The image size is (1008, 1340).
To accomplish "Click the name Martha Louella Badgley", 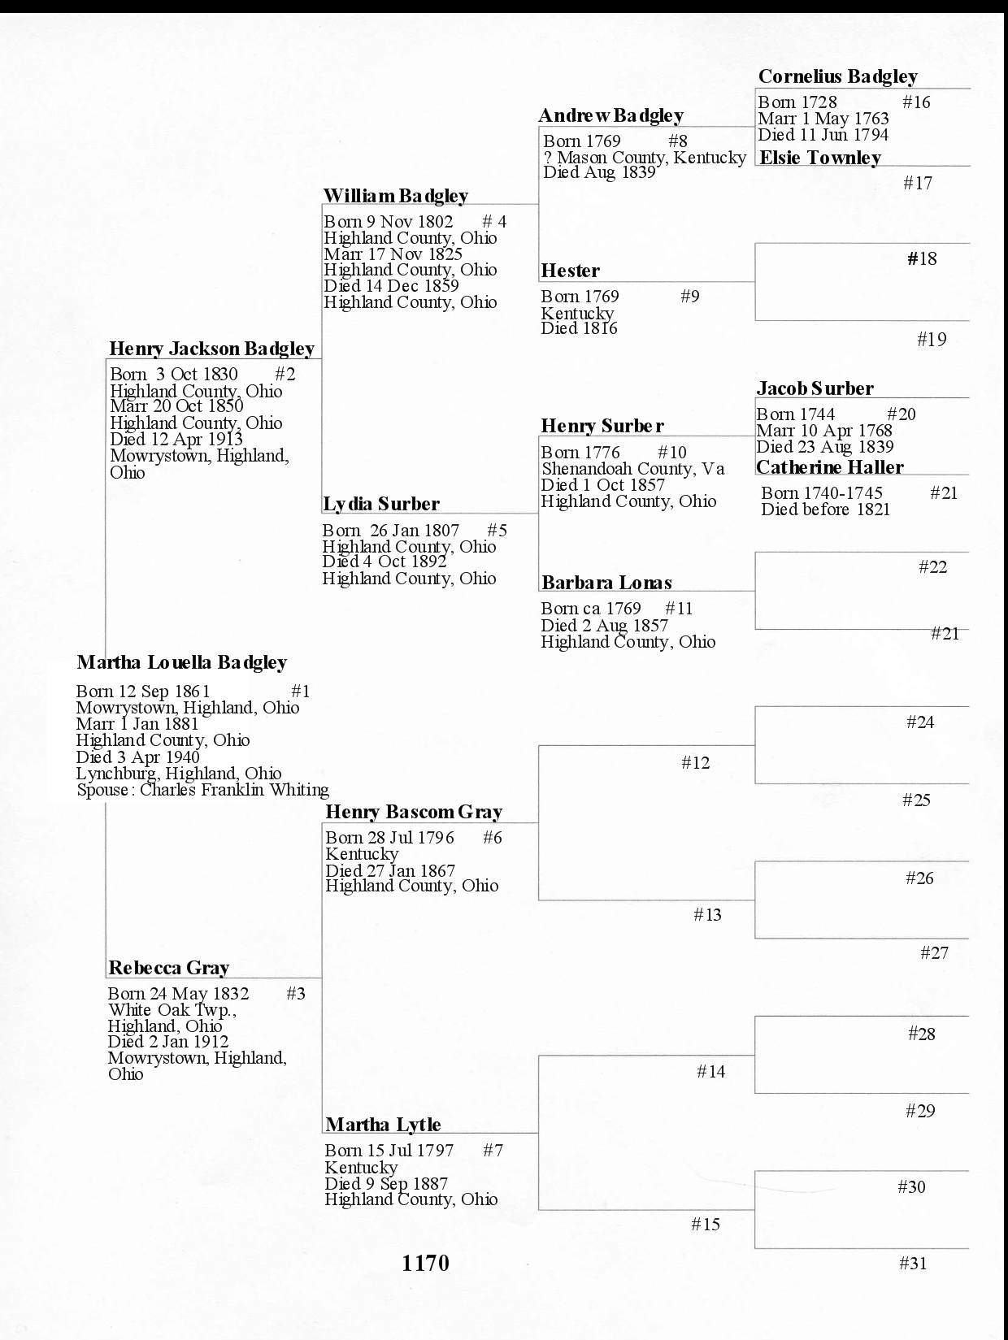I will (x=181, y=662).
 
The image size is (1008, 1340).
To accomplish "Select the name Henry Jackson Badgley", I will (x=211, y=349).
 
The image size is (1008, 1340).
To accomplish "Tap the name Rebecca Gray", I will (x=168, y=968).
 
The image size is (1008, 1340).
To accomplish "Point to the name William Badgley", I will (x=395, y=196).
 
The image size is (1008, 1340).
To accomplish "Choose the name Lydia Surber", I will (x=380, y=504).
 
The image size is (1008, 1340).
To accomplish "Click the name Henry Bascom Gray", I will (x=413, y=812).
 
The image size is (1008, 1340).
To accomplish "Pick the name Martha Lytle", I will (x=383, y=1125).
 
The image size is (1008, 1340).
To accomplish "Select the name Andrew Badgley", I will (x=610, y=115).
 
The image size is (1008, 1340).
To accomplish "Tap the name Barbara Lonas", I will (x=606, y=583).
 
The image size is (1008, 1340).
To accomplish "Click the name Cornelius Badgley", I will (x=837, y=76).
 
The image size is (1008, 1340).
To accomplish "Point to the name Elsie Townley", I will (x=819, y=158).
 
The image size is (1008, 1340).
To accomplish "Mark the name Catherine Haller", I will (x=829, y=467).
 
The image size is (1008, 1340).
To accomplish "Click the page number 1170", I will (x=425, y=1263).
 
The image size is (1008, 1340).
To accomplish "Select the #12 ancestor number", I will (x=695, y=762).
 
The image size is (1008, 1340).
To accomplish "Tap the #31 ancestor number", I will (x=913, y=1263).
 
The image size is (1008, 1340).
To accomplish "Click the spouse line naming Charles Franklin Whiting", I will (x=202, y=790).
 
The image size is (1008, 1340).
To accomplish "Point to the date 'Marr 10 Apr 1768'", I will (x=823, y=431).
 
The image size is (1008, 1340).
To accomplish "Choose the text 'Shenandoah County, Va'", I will (x=632, y=469).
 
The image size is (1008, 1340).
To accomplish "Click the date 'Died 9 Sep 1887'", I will (x=386, y=1184).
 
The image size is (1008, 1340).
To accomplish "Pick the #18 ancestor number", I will (x=922, y=258).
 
